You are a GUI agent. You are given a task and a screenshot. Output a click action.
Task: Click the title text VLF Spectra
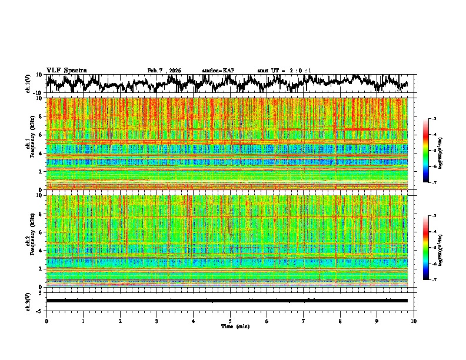(66, 71)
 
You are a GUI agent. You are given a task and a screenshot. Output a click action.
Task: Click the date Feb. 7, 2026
(164, 71)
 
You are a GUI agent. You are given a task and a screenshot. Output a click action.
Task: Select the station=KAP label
(218, 71)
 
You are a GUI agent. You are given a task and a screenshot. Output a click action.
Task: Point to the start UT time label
(284, 71)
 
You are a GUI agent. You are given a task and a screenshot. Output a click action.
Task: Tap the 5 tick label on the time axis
(230, 321)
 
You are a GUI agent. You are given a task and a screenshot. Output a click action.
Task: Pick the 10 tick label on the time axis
(414, 321)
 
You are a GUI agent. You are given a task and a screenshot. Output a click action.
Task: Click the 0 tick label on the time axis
(46, 321)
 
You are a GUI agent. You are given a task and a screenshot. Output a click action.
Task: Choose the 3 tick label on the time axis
(157, 321)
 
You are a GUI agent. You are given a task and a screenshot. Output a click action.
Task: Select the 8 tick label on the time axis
(340, 321)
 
